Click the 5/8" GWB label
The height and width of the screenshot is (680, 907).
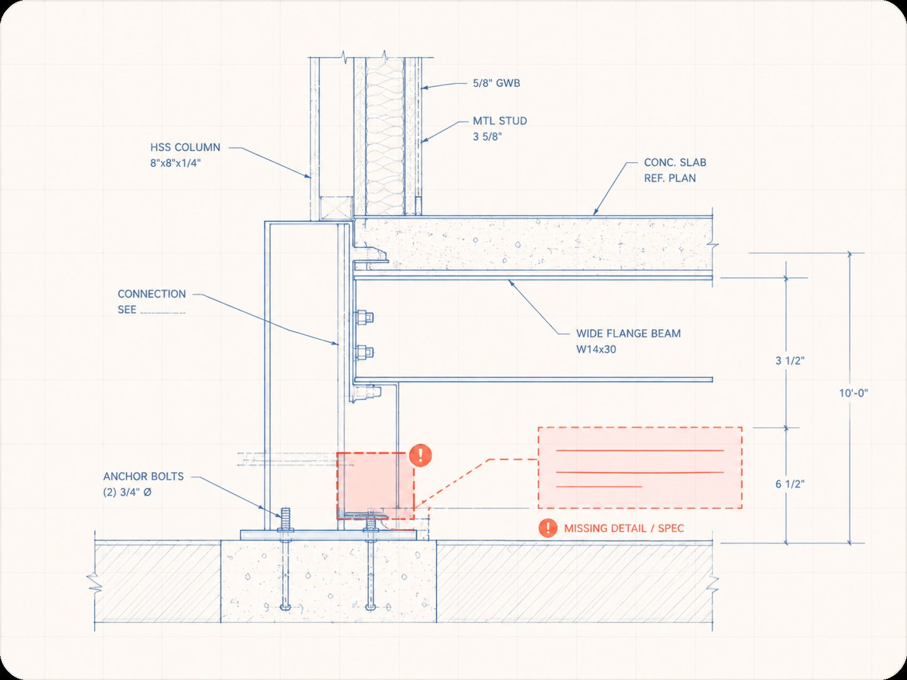point(496,83)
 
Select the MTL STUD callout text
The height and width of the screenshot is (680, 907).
point(500,121)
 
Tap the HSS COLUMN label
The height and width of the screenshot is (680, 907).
point(185,147)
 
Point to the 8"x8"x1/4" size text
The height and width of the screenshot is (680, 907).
point(175,163)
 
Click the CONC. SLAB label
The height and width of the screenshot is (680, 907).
point(675,163)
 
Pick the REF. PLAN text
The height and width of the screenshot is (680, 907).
point(670,178)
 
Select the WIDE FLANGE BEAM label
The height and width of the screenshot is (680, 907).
point(628,334)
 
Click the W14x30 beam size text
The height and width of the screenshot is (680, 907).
point(596,349)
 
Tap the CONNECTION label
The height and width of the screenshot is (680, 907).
point(152,294)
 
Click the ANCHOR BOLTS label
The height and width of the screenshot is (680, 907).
point(143,477)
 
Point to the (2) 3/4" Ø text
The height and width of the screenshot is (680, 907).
point(127,492)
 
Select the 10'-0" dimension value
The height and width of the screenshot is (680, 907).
point(853,393)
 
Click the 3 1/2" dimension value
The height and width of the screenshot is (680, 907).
point(790,361)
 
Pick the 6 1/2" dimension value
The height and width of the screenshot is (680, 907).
point(790,484)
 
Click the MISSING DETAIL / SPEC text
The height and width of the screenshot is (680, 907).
point(624,528)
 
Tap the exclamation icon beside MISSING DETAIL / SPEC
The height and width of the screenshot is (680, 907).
point(548,528)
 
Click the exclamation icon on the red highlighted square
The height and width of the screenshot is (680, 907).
point(420,455)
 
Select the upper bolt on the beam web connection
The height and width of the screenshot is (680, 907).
point(364,317)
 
